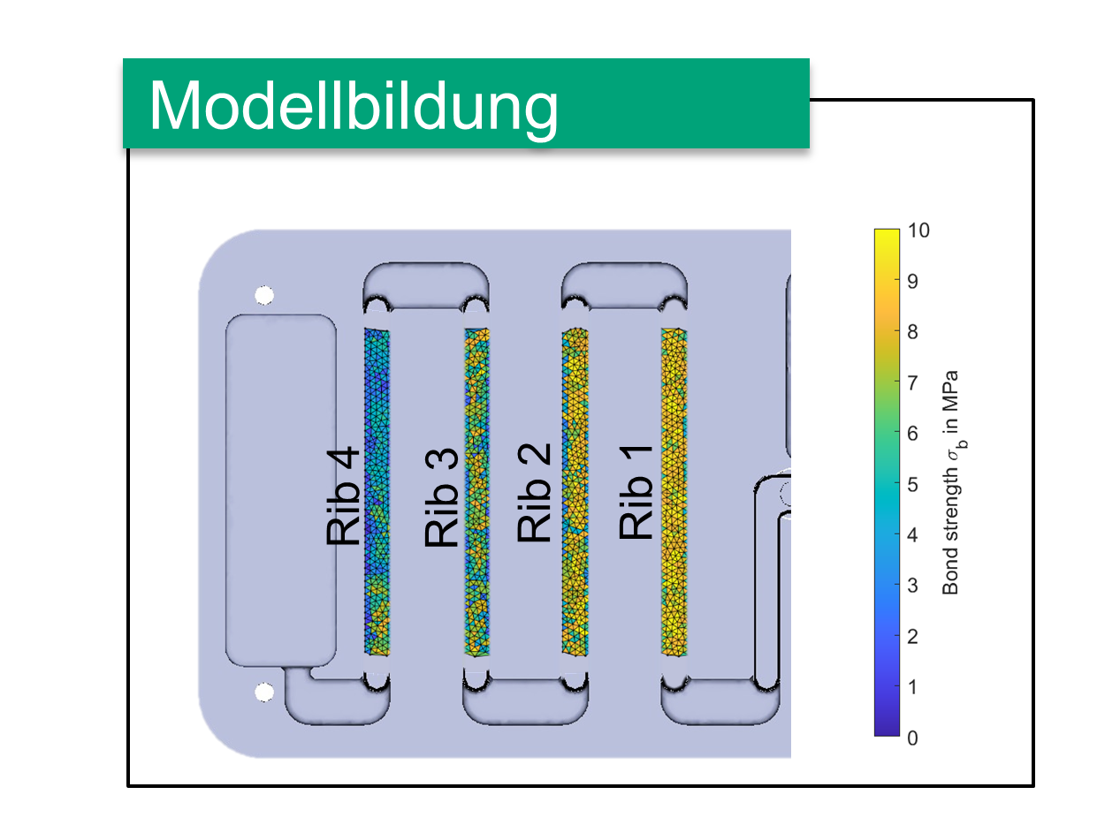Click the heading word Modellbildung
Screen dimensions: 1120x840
pos(353,108)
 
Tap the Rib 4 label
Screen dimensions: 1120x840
pos(343,496)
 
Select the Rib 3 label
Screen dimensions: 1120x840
pos(441,497)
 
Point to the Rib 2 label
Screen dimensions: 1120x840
pos(534,493)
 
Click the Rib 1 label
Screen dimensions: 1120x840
pos(636,492)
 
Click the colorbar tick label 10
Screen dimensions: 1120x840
pos(918,231)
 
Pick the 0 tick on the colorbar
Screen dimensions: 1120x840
pos(912,738)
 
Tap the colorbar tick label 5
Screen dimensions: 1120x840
pos(912,484)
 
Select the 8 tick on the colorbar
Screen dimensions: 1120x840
pos(912,332)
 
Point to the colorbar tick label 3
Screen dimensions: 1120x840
pos(912,586)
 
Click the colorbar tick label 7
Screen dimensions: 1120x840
pos(912,382)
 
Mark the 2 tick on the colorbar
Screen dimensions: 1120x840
pos(912,637)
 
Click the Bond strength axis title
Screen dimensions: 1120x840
pos(953,482)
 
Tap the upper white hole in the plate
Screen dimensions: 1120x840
pos(263,295)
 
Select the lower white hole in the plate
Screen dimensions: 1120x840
pos(263,692)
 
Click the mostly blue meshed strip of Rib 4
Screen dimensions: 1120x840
pos(377,492)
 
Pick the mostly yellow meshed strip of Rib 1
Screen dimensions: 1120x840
pos(674,492)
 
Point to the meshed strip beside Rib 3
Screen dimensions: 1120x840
pos(476,492)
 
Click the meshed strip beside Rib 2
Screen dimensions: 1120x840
pos(575,492)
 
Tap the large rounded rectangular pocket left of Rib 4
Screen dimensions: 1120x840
pos(280,490)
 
